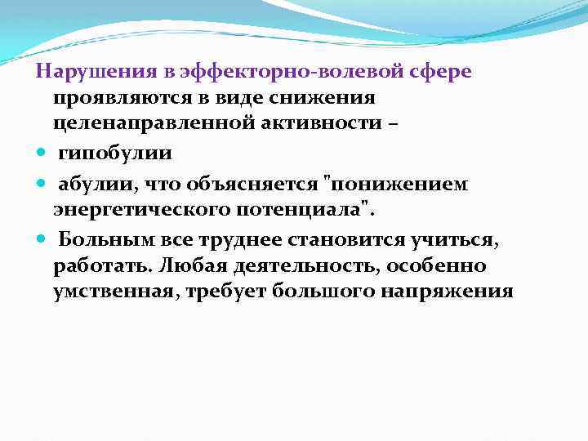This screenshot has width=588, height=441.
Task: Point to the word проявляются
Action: click(124, 99)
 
